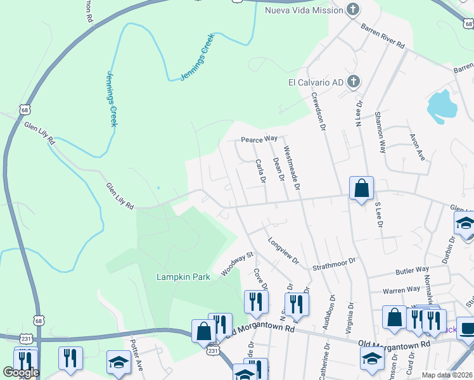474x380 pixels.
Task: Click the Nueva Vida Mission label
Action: coord(303,10)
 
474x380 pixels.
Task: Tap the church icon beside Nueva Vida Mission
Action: coord(354,9)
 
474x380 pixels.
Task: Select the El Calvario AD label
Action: coord(316,82)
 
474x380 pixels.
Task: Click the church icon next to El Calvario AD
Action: coord(354,82)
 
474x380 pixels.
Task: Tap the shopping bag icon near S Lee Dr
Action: coord(361,189)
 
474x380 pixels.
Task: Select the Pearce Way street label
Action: coord(259,139)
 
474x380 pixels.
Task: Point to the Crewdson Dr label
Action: coord(318,110)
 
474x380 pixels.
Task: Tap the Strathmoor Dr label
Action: coord(335,264)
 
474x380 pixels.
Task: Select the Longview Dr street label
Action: coord(283,251)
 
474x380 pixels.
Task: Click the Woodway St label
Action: coord(237,264)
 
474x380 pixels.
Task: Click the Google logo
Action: coord(20,372)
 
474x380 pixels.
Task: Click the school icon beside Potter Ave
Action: coord(118,362)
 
